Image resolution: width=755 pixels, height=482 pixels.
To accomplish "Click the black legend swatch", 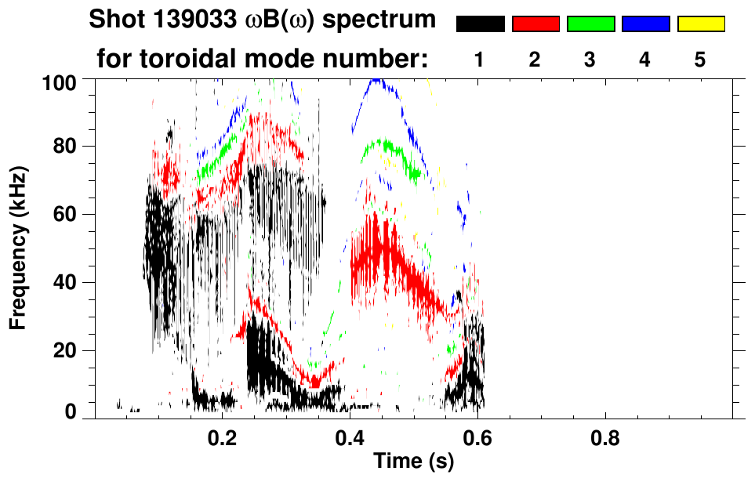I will (x=481, y=24).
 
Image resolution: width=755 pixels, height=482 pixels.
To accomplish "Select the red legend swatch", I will (x=535, y=24).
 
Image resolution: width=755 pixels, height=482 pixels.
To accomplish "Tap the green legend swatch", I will (x=590, y=24).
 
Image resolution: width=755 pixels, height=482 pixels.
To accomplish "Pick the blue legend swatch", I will (x=645, y=24).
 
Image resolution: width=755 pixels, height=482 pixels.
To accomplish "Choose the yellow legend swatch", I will (x=700, y=24).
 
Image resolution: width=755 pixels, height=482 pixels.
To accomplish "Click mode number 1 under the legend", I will (x=481, y=60).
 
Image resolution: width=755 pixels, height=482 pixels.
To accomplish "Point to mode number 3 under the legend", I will (x=590, y=60).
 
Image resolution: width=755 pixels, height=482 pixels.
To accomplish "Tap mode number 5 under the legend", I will (x=700, y=60).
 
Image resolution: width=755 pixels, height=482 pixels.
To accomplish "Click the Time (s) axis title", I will (x=412, y=462).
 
